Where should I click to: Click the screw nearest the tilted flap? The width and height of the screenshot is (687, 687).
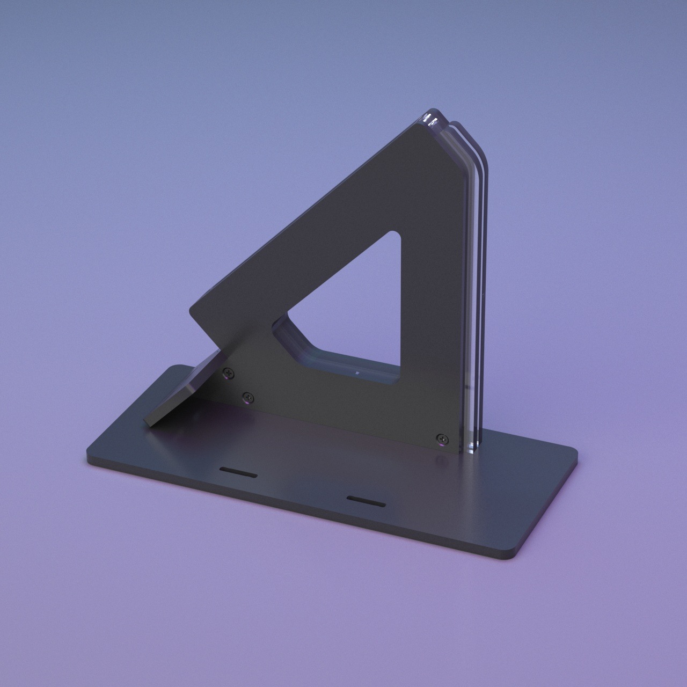click(229, 371)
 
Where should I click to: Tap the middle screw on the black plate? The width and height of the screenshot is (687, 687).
click(247, 397)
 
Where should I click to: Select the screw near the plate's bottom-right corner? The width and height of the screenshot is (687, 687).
click(441, 438)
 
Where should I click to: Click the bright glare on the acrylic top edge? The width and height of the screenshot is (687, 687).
click(430, 119)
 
